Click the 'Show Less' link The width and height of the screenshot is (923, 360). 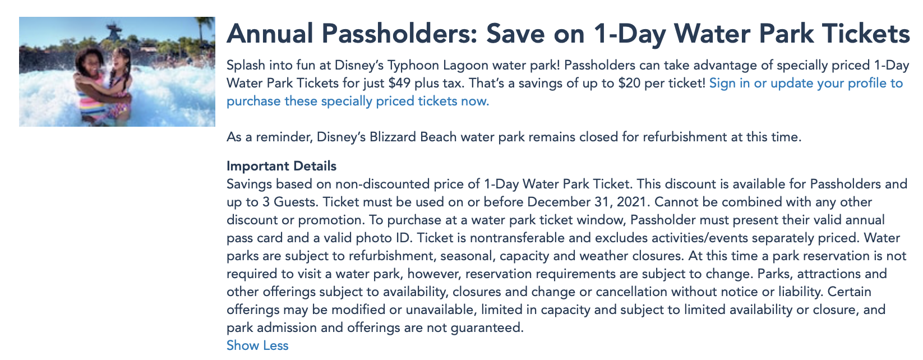pos(257,345)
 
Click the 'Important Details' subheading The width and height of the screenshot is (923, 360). pos(281,165)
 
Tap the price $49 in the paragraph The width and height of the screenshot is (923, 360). pos(399,83)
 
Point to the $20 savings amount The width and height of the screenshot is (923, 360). pos(629,83)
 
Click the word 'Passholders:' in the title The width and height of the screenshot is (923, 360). pos(399,34)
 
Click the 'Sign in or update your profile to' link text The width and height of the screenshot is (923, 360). pos(806,83)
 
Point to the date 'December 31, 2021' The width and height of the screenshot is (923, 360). pos(587,202)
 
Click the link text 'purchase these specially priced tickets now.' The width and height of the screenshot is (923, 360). pos(358,101)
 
